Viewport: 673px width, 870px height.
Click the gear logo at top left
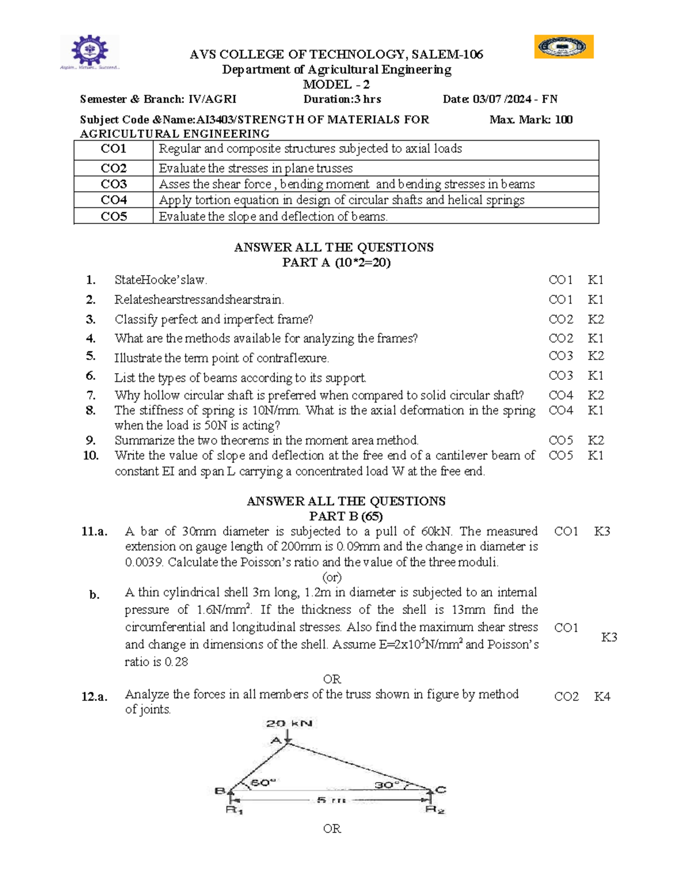[x=90, y=51]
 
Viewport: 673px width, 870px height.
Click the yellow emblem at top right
[x=564, y=47]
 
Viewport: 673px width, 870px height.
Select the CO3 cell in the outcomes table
[x=114, y=184]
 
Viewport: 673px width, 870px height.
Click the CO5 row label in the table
[x=114, y=217]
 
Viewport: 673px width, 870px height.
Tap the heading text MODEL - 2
[x=336, y=85]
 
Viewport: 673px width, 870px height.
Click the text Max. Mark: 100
[x=531, y=119]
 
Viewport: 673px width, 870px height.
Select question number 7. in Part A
[x=91, y=395]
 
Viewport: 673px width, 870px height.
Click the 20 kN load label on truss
[x=289, y=723]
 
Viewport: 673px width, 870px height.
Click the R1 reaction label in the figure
[x=234, y=810]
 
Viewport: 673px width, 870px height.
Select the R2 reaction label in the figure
[x=435, y=810]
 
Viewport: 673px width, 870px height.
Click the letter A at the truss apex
[x=276, y=741]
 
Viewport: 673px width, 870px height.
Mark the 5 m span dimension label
[x=331, y=800]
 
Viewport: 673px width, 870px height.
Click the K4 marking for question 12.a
[x=602, y=697]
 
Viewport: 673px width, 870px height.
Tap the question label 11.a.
[x=94, y=532]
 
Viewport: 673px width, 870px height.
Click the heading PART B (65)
[x=345, y=516]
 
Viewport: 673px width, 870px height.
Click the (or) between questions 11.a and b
[x=332, y=577]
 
